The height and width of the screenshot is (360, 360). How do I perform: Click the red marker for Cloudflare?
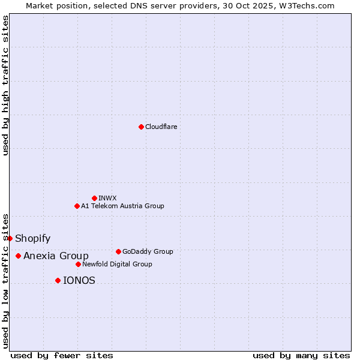pyautogui.click(x=141, y=127)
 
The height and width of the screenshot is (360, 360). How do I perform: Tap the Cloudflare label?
pyautogui.click(x=161, y=127)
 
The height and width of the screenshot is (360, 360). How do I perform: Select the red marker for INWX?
pyautogui.click(x=94, y=198)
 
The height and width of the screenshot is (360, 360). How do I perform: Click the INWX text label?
pyautogui.click(x=107, y=198)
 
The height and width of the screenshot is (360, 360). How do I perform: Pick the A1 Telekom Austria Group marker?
pyautogui.click(x=77, y=206)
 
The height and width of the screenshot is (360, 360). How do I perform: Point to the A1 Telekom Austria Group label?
pyautogui.click(x=122, y=206)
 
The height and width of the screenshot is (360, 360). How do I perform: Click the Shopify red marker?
pyautogui.click(x=10, y=238)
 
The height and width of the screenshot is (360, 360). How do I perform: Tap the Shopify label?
pyautogui.click(x=32, y=238)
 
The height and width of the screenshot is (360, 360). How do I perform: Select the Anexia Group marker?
pyautogui.click(x=18, y=256)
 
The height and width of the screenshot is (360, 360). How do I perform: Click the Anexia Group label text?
pyautogui.click(x=56, y=256)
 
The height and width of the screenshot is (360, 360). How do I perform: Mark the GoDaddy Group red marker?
pyautogui.click(x=118, y=251)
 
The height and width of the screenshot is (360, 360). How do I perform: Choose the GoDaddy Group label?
pyautogui.click(x=147, y=251)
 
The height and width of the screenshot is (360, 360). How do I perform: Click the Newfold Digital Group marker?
pyautogui.click(x=78, y=264)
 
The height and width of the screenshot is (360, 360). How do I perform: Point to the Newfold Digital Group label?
pyautogui.click(x=117, y=264)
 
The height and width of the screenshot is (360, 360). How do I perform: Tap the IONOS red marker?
pyautogui.click(x=58, y=280)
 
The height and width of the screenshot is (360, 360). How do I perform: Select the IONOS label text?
pyautogui.click(x=79, y=280)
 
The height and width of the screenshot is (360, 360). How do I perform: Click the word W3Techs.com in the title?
pyautogui.click(x=309, y=5)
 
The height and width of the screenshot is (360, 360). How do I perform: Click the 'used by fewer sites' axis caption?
pyautogui.click(x=62, y=355)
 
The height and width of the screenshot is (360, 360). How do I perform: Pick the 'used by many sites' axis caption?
pyautogui.click(x=301, y=355)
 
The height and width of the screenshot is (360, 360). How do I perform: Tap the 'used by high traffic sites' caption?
pyautogui.click(x=5, y=85)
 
